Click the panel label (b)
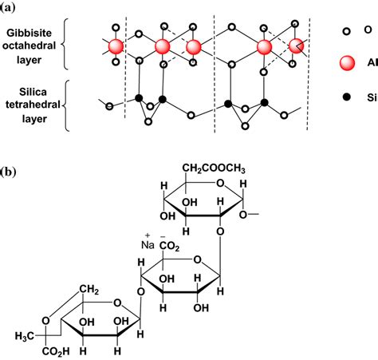(10, 172)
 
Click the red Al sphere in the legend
(345, 63)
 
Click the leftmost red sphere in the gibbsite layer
(116, 45)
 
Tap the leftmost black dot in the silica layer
(138, 99)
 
